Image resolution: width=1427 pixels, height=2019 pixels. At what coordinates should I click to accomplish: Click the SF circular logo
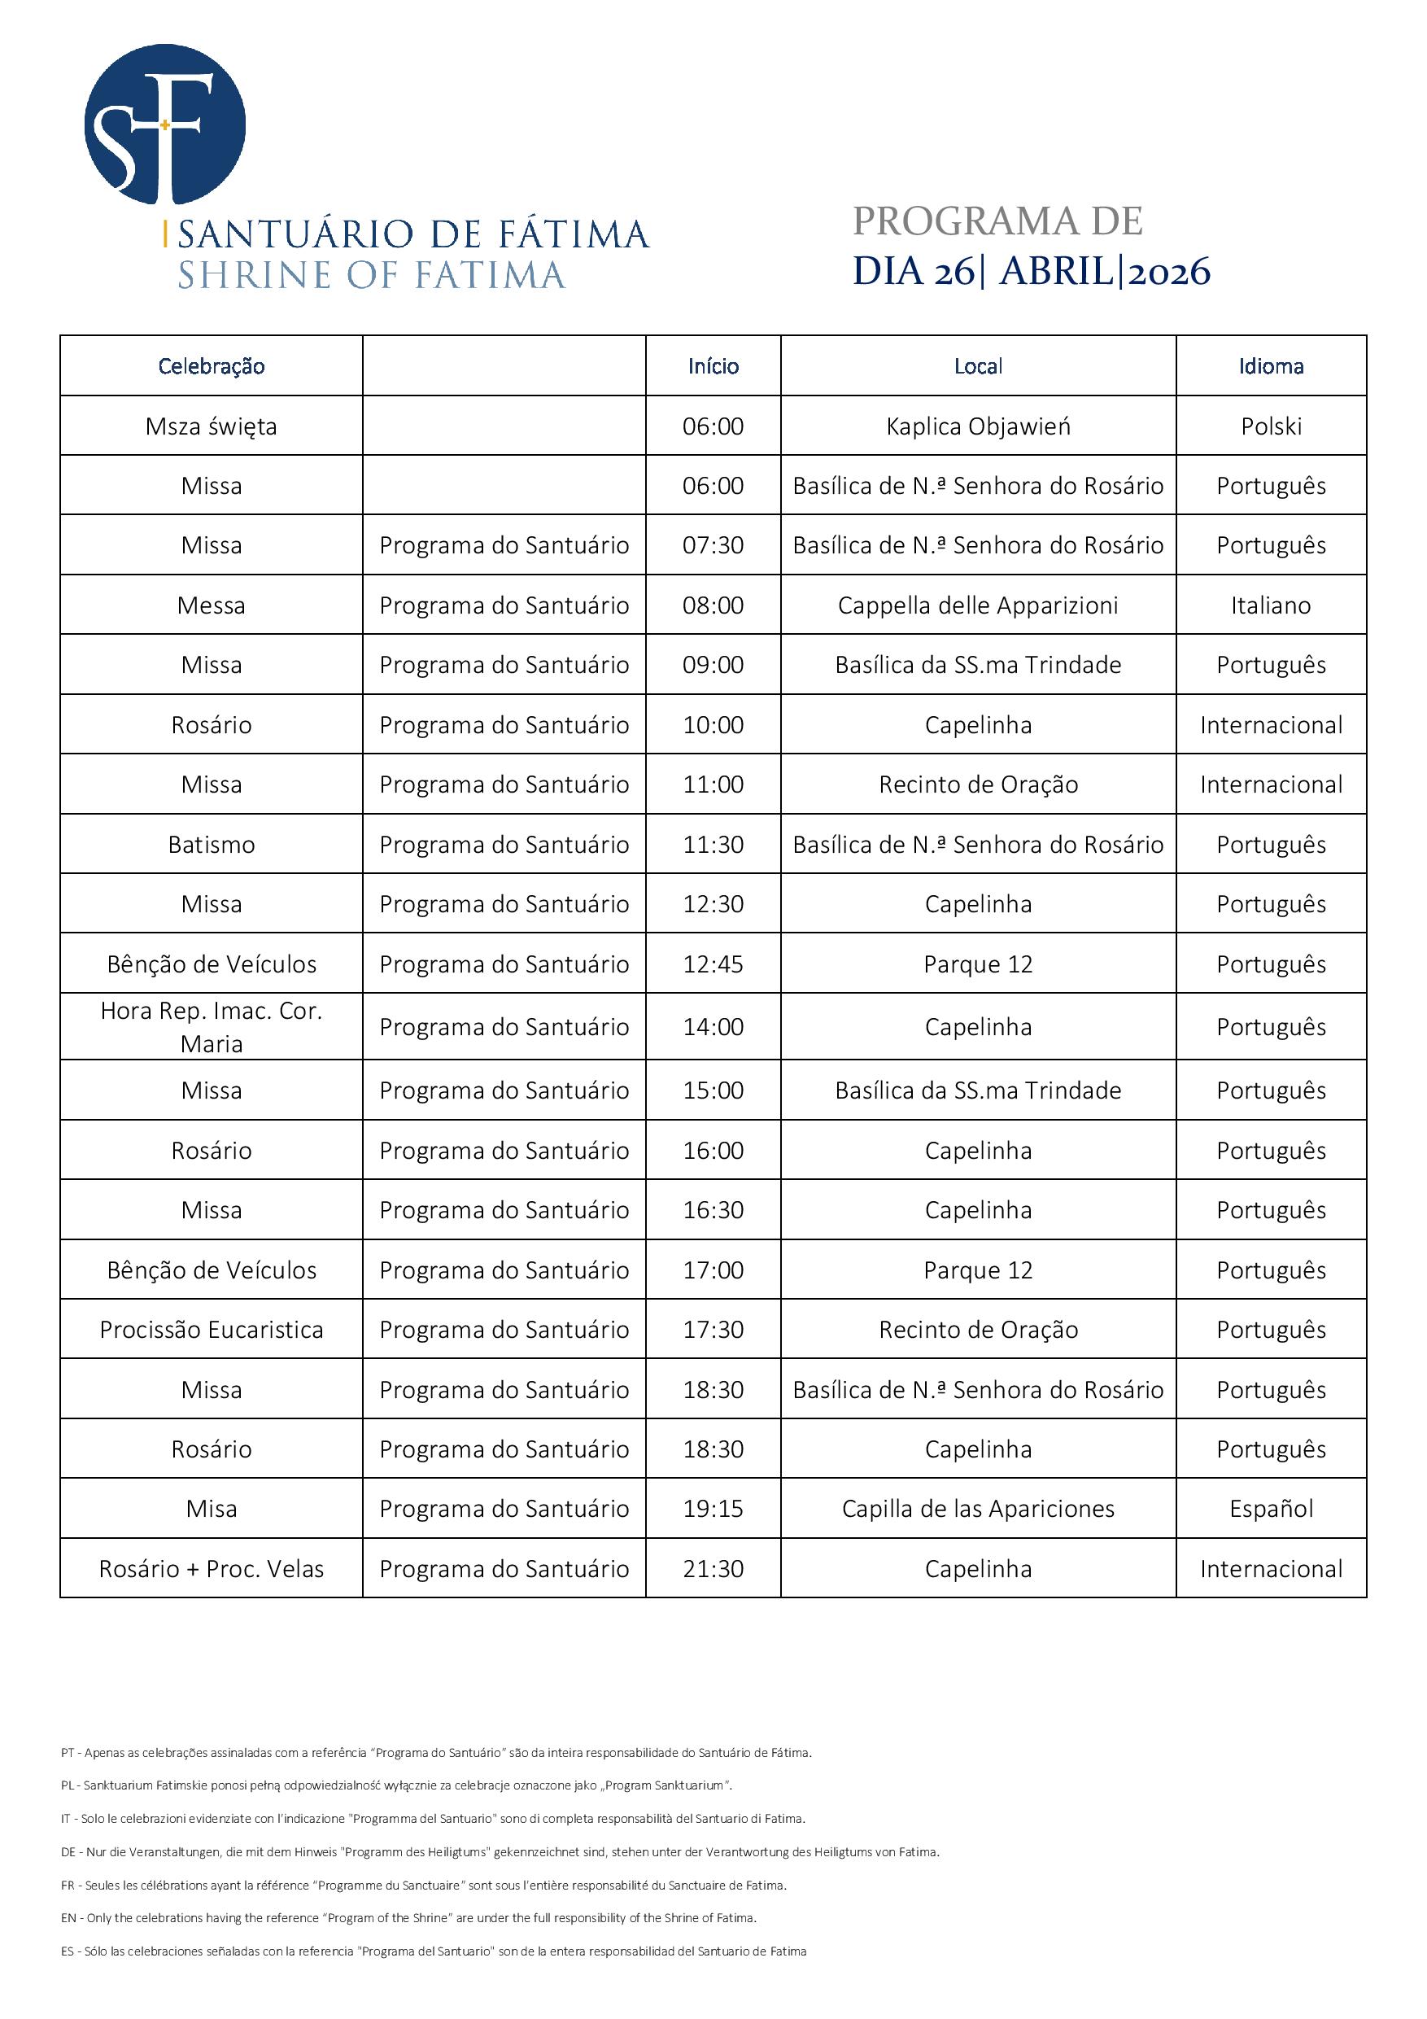pyautogui.click(x=164, y=125)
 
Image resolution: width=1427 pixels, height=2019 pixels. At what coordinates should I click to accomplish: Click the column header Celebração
pyautogui.click(x=211, y=366)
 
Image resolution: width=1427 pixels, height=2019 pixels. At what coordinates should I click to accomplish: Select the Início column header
pyautogui.click(x=713, y=366)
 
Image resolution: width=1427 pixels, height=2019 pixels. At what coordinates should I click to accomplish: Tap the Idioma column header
pyautogui.click(x=1271, y=366)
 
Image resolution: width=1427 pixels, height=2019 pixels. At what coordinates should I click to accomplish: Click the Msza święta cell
pyautogui.click(x=211, y=426)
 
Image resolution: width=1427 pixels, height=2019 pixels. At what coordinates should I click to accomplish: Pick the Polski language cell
pyautogui.click(x=1271, y=426)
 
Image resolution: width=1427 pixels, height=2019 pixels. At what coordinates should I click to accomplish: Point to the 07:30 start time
pyautogui.click(x=713, y=545)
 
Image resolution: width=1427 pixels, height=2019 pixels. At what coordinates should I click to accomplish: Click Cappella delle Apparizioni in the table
pyautogui.click(x=978, y=605)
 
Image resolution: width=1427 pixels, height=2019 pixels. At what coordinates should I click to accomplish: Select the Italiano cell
pyautogui.click(x=1271, y=605)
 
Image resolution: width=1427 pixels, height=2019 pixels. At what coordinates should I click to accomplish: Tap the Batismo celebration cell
pyautogui.click(x=211, y=844)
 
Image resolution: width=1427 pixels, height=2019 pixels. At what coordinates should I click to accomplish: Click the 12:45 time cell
pyautogui.click(x=713, y=964)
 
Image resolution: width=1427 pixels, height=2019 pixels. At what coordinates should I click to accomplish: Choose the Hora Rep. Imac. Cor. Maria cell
pyautogui.click(x=211, y=1026)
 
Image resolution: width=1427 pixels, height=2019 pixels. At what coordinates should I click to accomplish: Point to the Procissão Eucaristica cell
pyautogui.click(x=211, y=1330)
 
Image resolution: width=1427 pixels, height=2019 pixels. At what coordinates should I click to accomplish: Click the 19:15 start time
pyautogui.click(x=713, y=1509)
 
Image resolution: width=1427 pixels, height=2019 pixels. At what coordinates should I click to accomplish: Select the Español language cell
pyautogui.click(x=1271, y=1509)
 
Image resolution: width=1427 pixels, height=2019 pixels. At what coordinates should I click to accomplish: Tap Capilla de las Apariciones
pyautogui.click(x=978, y=1509)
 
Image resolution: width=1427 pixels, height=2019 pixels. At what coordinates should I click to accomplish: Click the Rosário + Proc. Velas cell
pyautogui.click(x=211, y=1569)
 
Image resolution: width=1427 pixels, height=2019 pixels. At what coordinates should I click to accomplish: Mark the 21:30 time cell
pyautogui.click(x=713, y=1569)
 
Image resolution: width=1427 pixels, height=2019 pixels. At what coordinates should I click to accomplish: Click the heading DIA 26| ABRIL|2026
pyautogui.click(x=1031, y=271)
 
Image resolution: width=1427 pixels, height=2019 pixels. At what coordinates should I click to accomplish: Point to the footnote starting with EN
pyautogui.click(x=409, y=1918)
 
